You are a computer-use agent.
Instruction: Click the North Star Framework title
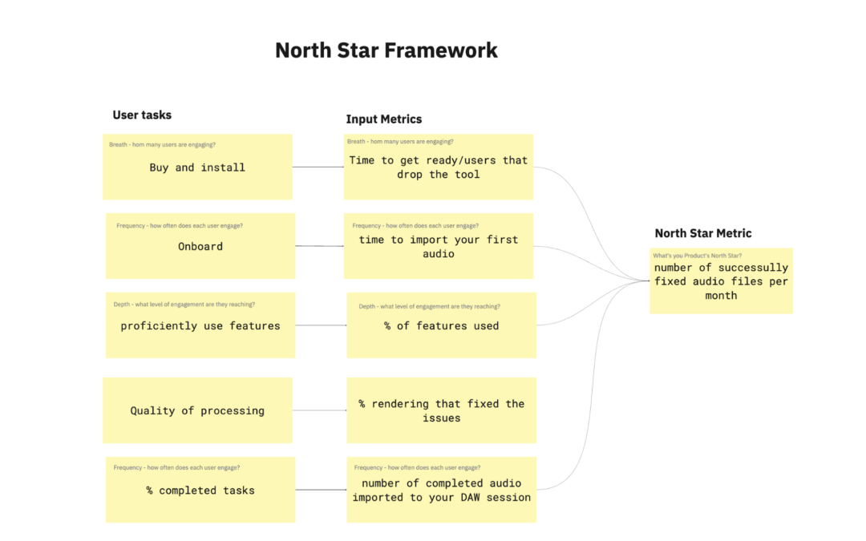[386, 50]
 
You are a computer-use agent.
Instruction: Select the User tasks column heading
[142, 115]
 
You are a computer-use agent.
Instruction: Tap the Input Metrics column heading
[383, 119]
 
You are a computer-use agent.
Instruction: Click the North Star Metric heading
[702, 233]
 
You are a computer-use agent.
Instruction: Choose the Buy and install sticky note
[197, 168]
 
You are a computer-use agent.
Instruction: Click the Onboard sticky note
[200, 246]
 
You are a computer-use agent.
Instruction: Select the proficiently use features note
[200, 325]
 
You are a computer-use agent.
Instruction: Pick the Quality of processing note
[197, 410]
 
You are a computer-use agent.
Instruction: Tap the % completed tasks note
[200, 490]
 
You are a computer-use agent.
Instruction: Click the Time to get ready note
[439, 167]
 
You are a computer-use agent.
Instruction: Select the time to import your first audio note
[439, 246]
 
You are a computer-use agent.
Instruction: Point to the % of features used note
[441, 325]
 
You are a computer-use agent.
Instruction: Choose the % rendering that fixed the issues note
[441, 410]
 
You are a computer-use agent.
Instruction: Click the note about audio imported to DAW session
[441, 490]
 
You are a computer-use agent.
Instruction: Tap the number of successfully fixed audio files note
[721, 281]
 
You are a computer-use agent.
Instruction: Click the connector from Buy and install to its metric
[318, 167]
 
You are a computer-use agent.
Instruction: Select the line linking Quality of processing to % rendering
[319, 410]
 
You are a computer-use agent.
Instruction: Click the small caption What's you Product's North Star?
[697, 256]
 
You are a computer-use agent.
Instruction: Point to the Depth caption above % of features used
[429, 306]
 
